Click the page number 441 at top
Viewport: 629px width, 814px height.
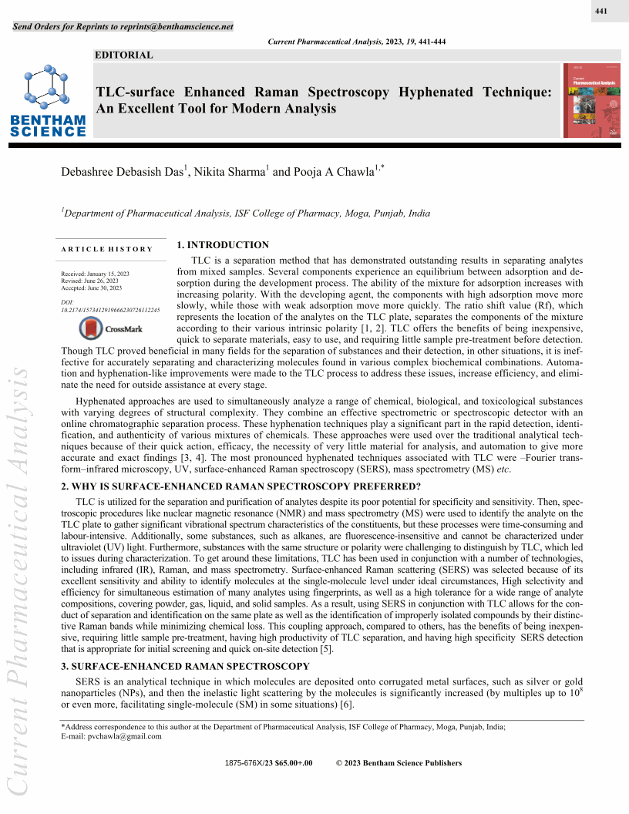pos(602,12)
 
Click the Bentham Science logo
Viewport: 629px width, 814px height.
pos(48,100)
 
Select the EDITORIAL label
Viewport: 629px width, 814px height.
pos(123,55)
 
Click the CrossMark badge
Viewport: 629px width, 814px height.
pos(112,329)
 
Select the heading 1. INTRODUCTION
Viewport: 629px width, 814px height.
pos(223,245)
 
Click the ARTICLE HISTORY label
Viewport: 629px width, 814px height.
pos(106,249)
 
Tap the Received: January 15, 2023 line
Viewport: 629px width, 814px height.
pos(95,274)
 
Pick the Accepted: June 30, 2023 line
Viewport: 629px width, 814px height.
pos(91,288)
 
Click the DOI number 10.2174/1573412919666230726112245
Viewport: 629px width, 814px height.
pos(110,310)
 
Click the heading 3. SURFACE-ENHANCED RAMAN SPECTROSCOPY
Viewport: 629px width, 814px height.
pos(185,666)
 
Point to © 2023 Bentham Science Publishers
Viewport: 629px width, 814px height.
pos(399,763)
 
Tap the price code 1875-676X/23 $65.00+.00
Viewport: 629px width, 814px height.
pos(268,763)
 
